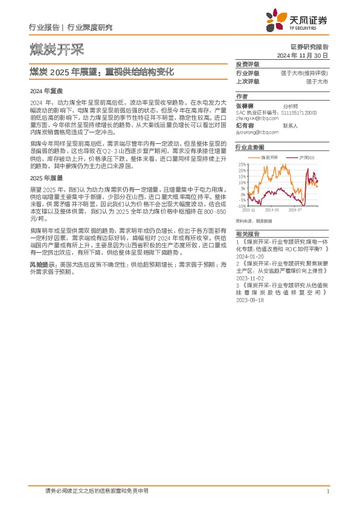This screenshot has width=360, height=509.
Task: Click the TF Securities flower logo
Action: pyautogui.click(x=275, y=23)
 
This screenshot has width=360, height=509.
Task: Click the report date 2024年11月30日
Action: pyautogui.click(x=302, y=55)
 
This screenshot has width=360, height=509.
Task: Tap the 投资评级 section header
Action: pyautogui.click(x=247, y=64)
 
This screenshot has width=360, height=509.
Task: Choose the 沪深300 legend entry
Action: pyautogui.click(x=307, y=157)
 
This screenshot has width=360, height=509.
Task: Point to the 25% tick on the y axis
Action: pyautogui.click(x=242, y=164)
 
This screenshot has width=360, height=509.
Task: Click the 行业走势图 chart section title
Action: pyautogui.click(x=249, y=147)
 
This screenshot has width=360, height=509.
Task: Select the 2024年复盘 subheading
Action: pyautogui.click(x=42, y=90)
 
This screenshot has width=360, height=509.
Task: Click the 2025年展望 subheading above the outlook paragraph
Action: pyautogui.click(x=42, y=178)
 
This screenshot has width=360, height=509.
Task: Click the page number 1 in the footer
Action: pyautogui.click(x=327, y=491)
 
